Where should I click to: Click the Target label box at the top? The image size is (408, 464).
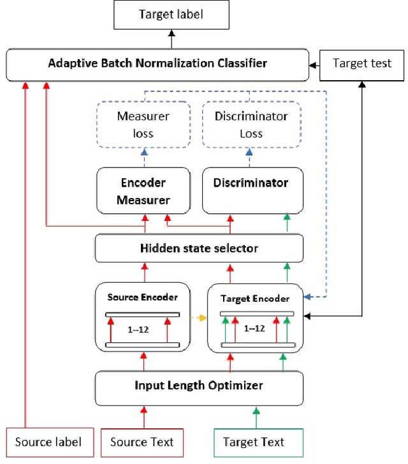tap(171, 15)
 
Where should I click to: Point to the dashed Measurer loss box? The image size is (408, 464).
tap(143, 125)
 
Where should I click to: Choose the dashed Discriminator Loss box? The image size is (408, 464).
tap(251, 125)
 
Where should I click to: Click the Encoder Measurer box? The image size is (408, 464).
tap(143, 191)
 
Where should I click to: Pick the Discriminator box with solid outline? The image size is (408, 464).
tap(251, 190)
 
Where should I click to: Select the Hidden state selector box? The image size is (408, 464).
tap(199, 248)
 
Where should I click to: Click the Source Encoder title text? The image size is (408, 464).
tap(143, 297)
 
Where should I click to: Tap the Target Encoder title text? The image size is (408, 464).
tap(254, 298)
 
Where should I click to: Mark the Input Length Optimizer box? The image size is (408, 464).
tap(199, 385)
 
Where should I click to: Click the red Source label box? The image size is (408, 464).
tap(48, 442)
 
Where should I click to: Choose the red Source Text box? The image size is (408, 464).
tap(142, 442)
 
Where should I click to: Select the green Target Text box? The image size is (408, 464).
tap(254, 442)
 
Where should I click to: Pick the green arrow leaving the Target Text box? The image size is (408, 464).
tap(256, 415)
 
